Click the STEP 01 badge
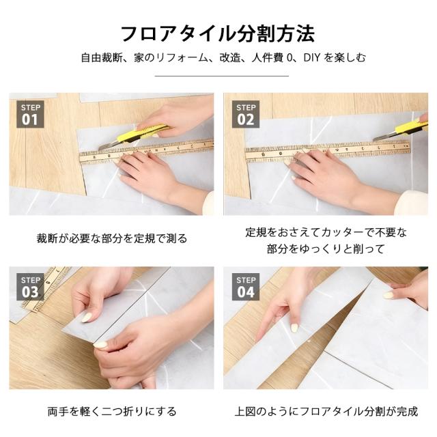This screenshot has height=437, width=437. [30, 114]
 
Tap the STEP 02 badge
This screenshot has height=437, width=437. [246, 114]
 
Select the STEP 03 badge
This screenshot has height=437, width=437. [30, 287]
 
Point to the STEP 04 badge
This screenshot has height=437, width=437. [246, 287]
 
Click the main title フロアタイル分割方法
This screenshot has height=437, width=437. [218, 33]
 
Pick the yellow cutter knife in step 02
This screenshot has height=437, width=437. [401, 129]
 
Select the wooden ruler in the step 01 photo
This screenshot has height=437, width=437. [146, 152]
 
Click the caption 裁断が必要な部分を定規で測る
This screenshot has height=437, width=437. [112, 238]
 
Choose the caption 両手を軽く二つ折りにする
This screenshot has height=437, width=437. [112, 412]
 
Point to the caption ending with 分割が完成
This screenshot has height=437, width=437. [326, 412]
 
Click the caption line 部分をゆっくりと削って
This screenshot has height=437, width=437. [326, 249]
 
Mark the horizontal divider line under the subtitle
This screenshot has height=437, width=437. [221, 76]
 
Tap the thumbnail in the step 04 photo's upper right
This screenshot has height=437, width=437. [389, 296]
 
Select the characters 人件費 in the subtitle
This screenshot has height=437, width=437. [268, 57]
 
